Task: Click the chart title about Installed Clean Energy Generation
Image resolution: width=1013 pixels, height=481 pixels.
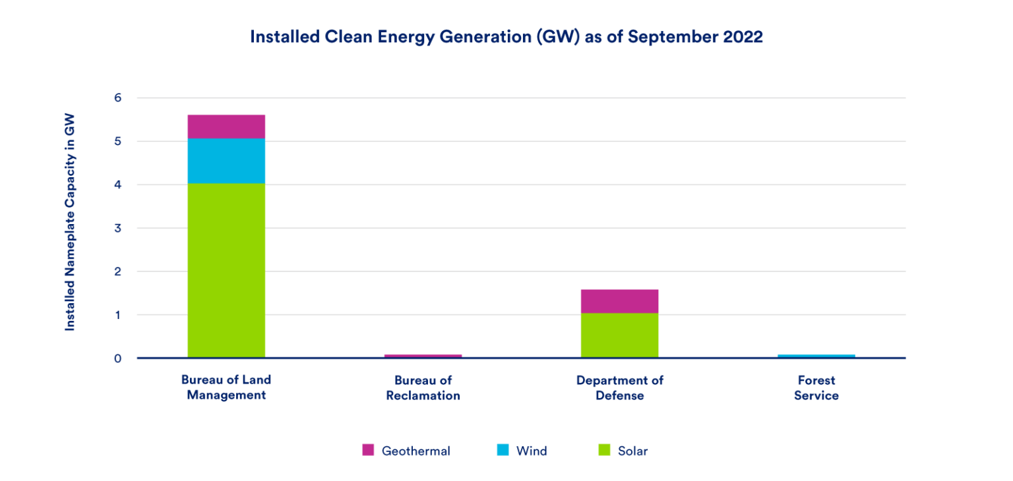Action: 506,37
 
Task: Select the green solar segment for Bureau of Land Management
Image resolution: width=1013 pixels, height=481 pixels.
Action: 226,270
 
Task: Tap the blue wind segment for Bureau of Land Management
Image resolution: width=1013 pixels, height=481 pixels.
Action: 226,161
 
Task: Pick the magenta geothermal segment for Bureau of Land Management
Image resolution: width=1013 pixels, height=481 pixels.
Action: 226,127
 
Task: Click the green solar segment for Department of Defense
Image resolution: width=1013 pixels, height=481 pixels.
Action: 619,335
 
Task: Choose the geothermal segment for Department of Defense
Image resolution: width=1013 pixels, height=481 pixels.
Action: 619,301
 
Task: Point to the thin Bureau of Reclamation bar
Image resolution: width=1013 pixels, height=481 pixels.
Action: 423,356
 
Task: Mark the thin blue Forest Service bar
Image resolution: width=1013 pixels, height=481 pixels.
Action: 816,356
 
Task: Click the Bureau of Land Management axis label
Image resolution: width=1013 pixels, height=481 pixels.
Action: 226,387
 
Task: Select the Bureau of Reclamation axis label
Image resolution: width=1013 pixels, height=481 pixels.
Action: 423,387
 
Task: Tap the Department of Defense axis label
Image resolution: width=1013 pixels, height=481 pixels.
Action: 619,387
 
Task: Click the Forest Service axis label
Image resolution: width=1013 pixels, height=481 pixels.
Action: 816,387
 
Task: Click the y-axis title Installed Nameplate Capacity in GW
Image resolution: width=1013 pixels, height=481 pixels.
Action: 70,222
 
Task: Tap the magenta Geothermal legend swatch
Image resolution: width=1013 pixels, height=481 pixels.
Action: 368,450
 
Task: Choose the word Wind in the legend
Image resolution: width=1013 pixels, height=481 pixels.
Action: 532,451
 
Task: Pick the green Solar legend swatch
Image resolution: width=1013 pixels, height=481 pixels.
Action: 603,450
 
